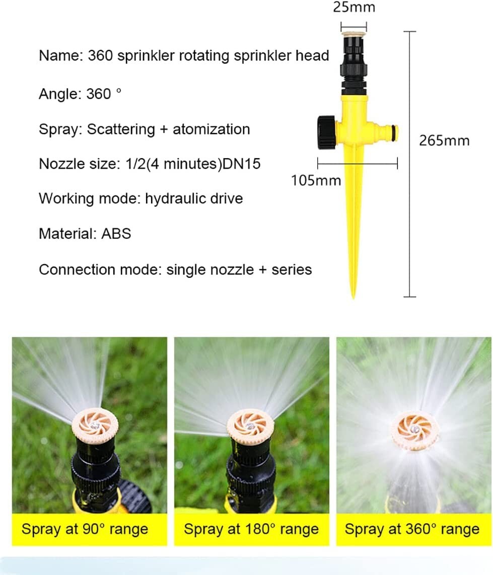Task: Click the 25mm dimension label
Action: (x=354, y=8)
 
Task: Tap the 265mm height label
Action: (x=444, y=140)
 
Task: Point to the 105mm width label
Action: (x=316, y=180)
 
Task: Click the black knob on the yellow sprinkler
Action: (x=327, y=128)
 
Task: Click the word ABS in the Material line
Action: (x=116, y=234)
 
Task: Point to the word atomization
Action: (x=212, y=129)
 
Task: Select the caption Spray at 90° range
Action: (x=85, y=529)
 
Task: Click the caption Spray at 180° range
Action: (x=251, y=529)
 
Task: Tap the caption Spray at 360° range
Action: (x=412, y=529)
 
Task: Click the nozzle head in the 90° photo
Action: (x=94, y=426)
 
